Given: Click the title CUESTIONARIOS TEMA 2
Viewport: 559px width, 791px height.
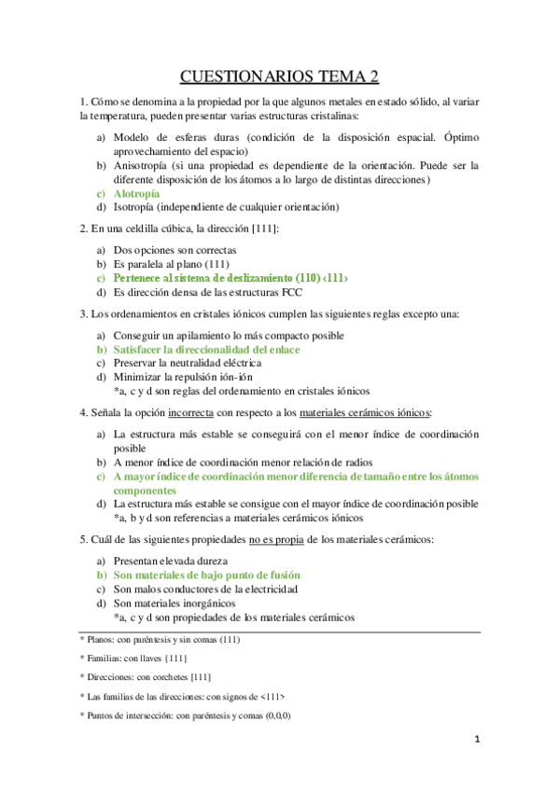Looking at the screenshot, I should click(279, 76).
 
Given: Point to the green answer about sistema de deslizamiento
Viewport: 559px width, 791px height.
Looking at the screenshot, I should click(231, 278).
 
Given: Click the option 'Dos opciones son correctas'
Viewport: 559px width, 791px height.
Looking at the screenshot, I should click(175, 250).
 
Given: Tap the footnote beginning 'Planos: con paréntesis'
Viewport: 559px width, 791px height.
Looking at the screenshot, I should click(163, 641).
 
